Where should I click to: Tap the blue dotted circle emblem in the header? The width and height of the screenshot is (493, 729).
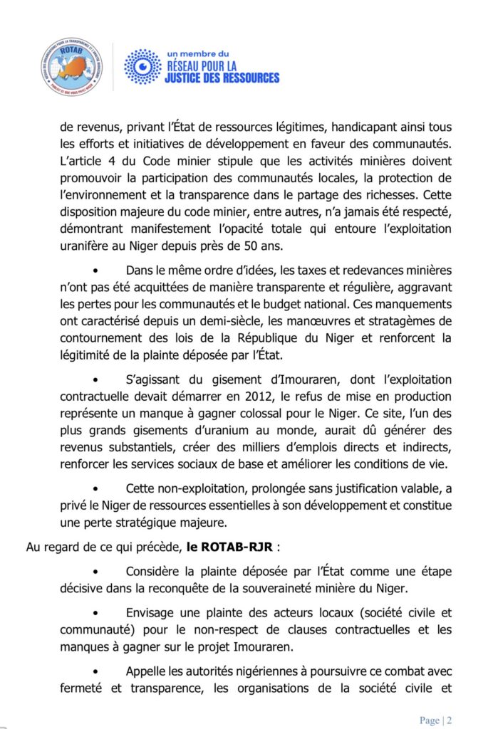tap(142, 67)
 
